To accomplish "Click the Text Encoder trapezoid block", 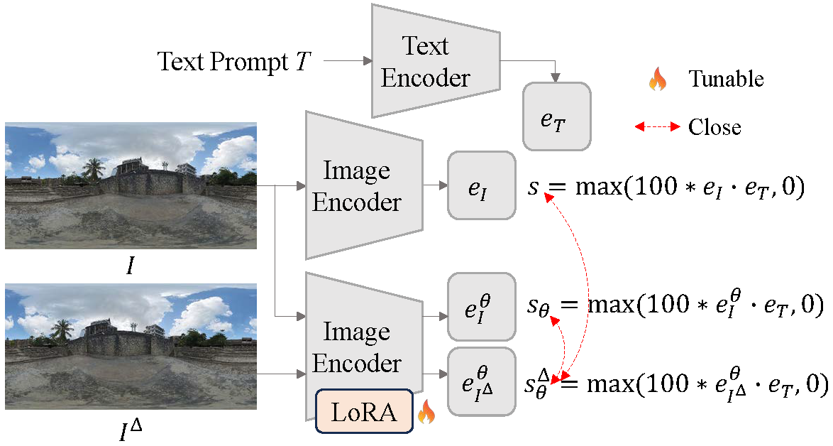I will (425, 62).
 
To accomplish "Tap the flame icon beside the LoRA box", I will (426, 412).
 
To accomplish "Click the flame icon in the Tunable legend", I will (658, 79).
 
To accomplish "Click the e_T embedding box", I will (556, 117).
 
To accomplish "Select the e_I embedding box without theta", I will (481, 185).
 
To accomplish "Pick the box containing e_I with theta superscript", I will (481, 307).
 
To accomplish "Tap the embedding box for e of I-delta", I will (481, 381).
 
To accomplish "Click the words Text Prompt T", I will (233, 62).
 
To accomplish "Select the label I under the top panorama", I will (131, 267).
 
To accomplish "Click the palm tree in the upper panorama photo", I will (93, 168).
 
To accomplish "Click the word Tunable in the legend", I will (726, 79).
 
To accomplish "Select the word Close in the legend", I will (714, 127).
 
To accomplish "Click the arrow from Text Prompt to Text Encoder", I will (348, 62).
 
